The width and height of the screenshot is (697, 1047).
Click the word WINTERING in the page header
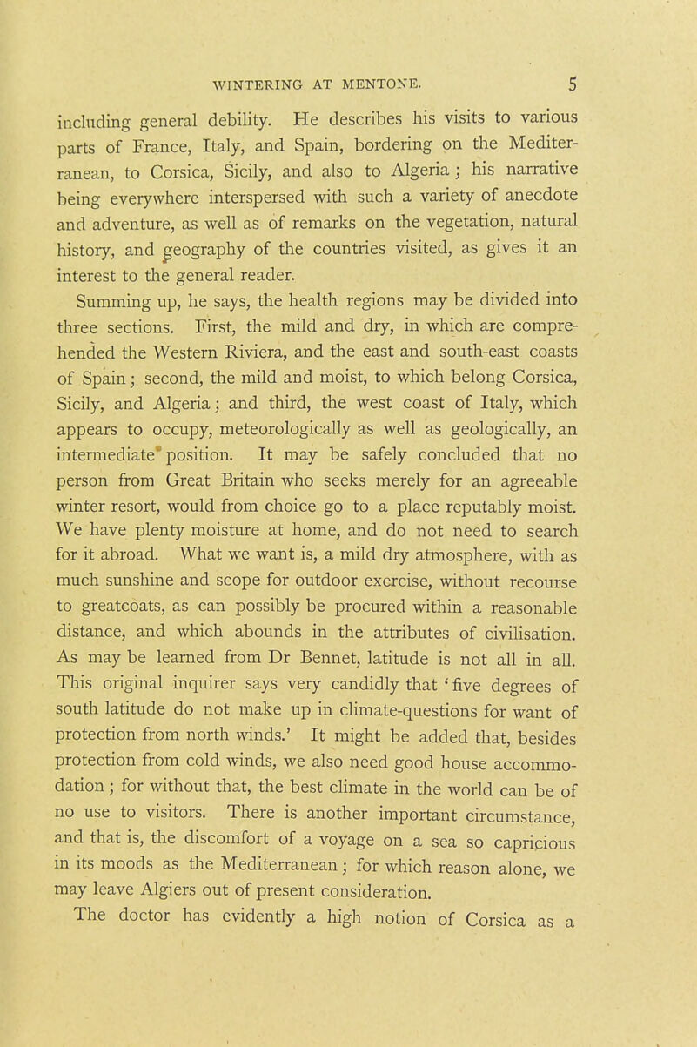point(258,87)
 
